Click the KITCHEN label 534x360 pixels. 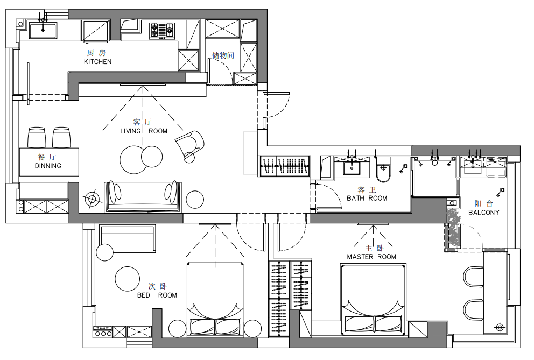(98, 62)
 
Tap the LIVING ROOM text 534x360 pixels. (144, 131)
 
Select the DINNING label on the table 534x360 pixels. (48, 166)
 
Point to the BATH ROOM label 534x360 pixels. (367, 198)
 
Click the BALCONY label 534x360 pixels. (483, 213)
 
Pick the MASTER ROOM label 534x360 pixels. (371, 257)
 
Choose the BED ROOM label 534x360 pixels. (157, 295)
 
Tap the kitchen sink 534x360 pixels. (43, 30)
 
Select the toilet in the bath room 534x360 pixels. (383, 170)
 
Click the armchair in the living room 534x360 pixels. (189, 144)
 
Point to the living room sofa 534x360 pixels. (143, 196)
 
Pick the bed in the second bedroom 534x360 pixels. (215, 300)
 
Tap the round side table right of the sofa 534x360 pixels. (195, 199)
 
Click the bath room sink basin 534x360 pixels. (352, 167)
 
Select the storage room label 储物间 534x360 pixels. (223, 55)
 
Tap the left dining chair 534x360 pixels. (37, 137)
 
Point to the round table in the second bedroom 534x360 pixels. (128, 279)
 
